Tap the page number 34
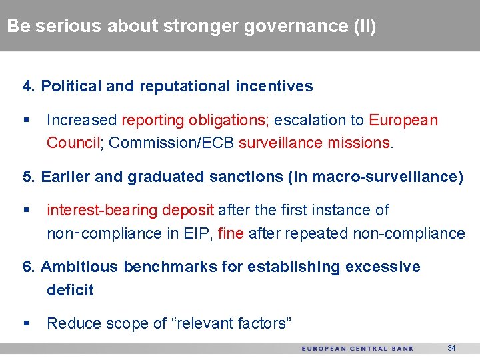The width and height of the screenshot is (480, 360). coord(451,348)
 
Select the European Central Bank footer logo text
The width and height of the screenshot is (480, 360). coord(357,349)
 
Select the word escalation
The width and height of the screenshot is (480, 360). coord(310,121)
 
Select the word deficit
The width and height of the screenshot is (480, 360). coord(70,290)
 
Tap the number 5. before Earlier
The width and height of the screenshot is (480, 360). coord(29,177)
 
